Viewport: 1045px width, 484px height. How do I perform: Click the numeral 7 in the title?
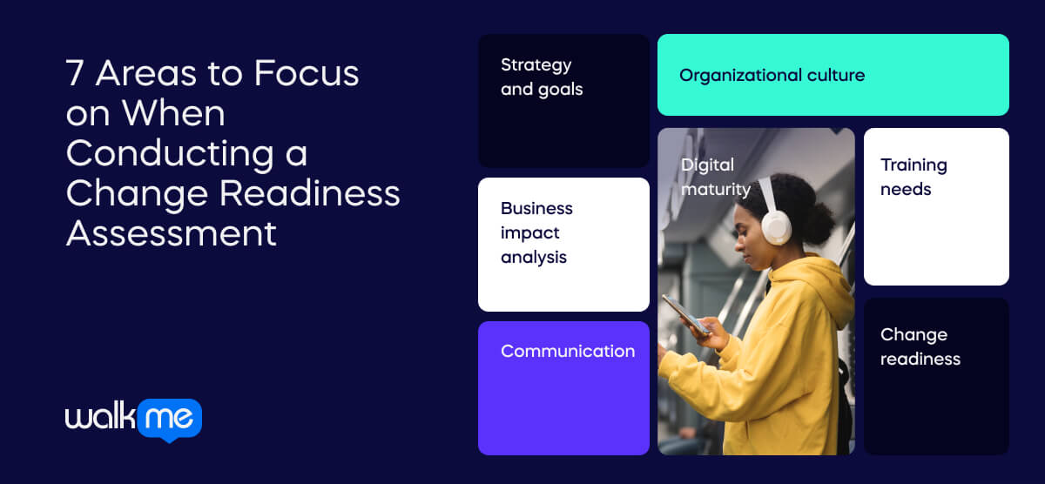tap(76, 74)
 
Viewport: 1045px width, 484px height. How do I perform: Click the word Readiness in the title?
tap(309, 193)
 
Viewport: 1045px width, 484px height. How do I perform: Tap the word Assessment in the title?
tap(172, 232)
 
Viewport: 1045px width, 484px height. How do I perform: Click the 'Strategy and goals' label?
tap(542, 77)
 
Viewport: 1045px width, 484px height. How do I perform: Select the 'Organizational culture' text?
tap(772, 75)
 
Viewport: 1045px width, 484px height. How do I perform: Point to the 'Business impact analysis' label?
tap(536, 232)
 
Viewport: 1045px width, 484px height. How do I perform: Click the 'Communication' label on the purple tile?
tap(568, 351)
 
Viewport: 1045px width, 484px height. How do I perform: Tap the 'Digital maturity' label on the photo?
tap(715, 177)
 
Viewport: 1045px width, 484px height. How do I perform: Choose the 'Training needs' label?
tap(913, 177)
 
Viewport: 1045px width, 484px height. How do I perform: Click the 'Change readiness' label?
tap(920, 346)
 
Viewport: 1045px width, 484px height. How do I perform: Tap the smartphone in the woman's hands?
tap(684, 314)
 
